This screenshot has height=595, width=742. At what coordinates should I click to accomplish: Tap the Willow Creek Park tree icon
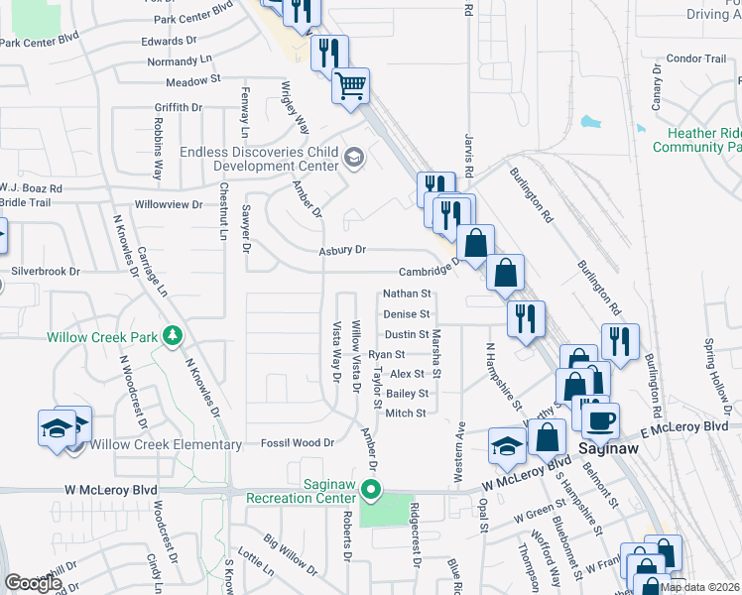[174, 336]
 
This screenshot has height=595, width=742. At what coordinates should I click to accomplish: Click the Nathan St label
[408, 294]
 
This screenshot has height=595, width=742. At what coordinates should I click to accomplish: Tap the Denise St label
[408, 314]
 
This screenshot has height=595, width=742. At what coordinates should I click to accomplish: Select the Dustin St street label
[407, 334]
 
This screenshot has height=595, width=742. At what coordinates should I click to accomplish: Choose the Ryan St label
[387, 354]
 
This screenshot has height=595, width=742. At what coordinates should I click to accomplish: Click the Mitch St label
[406, 413]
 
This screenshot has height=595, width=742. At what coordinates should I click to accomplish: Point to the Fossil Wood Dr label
[296, 442]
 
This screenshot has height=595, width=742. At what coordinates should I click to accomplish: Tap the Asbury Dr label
[342, 250]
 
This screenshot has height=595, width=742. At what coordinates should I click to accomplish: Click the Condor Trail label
[697, 59]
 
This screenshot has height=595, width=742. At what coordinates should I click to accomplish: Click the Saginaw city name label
[608, 448]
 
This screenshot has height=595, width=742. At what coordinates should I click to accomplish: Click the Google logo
[33, 583]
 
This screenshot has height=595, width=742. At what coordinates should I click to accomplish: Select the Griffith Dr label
[179, 107]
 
